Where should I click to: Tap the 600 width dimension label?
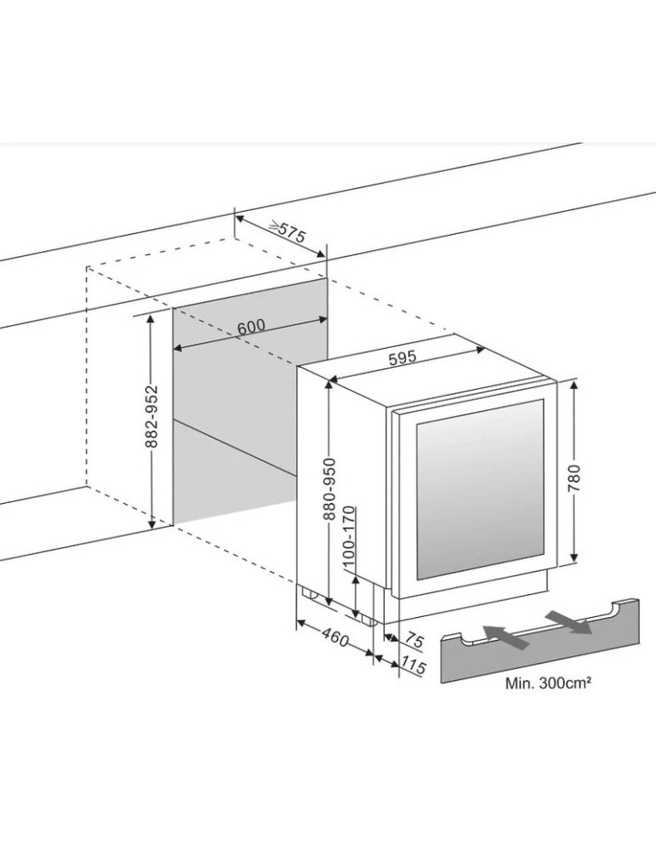(x=252, y=328)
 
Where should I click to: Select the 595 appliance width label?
(x=402, y=358)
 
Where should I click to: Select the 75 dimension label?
(x=414, y=639)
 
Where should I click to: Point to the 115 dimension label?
(x=414, y=665)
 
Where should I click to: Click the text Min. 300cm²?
(x=548, y=683)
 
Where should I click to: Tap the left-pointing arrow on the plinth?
(x=503, y=633)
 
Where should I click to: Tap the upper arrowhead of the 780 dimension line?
(x=574, y=385)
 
